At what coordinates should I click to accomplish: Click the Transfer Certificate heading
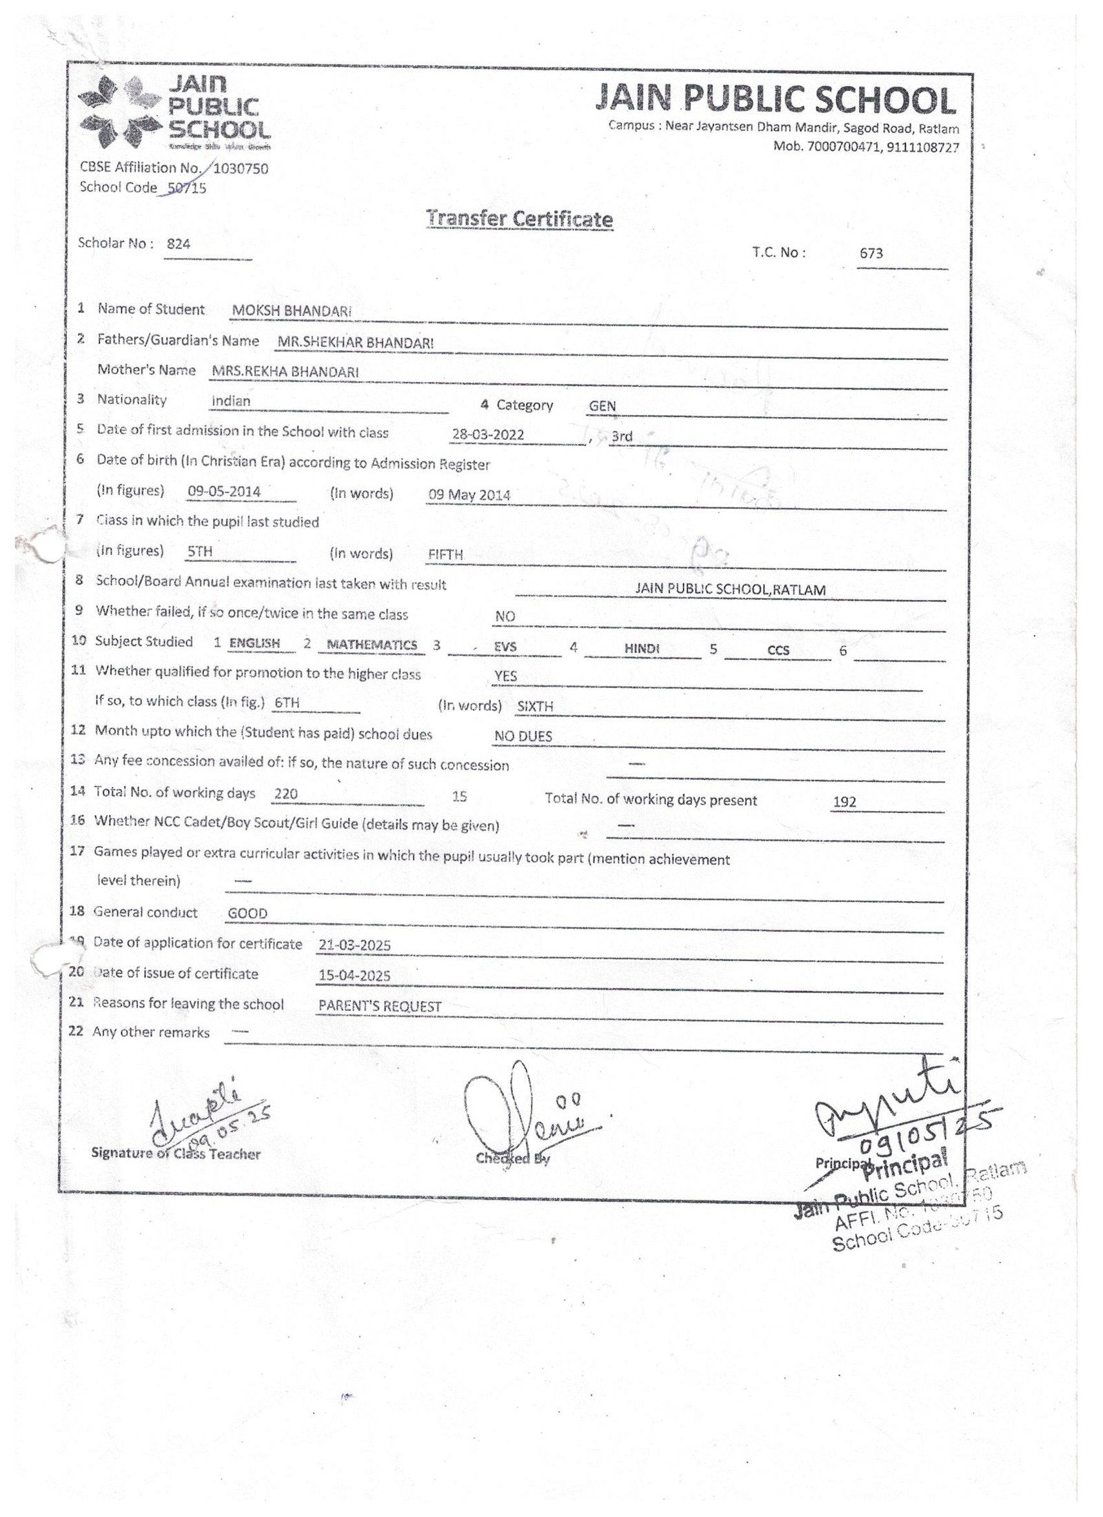coord(519,219)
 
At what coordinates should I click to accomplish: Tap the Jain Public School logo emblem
coord(119,113)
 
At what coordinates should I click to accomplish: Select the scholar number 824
coord(179,244)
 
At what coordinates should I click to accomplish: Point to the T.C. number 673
coord(871,254)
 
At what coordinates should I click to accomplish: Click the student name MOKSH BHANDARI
coord(292,311)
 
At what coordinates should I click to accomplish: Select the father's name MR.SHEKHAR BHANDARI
coord(355,342)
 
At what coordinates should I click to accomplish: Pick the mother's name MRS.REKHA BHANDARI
coord(285,372)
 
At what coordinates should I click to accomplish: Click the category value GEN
coord(602,406)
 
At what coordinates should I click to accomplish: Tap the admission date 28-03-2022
coord(487,435)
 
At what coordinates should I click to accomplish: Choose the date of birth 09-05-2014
coord(224,492)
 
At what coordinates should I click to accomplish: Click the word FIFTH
coord(445,554)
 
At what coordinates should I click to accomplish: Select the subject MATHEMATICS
coord(372,645)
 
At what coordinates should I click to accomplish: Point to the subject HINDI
coord(642,649)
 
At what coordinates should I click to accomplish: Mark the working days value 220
coord(285,794)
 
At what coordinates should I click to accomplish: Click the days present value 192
coord(844,803)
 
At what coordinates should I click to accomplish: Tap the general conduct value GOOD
coord(247,914)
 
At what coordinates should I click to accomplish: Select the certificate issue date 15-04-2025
coord(354,976)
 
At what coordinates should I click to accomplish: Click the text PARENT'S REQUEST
coord(379,1007)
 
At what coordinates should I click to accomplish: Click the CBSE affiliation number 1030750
coord(241,168)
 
